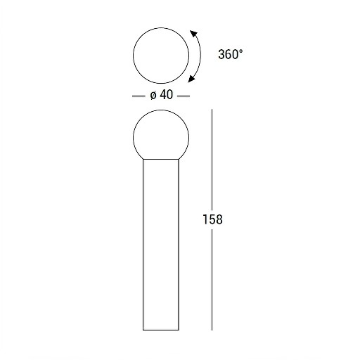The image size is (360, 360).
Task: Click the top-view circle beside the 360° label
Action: (133, 56)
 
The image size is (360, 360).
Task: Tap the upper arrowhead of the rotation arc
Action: (193, 33)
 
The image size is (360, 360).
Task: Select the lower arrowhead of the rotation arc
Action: (191, 79)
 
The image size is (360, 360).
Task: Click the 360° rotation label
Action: (231, 54)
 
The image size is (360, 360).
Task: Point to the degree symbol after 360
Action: (240, 51)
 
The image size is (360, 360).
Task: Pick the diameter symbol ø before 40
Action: (153, 96)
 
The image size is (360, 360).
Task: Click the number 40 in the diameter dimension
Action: (167, 95)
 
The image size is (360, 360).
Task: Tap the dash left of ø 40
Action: (139, 96)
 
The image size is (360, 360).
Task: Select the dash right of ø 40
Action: (184, 96)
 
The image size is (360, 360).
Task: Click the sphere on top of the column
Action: (133, 137)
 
